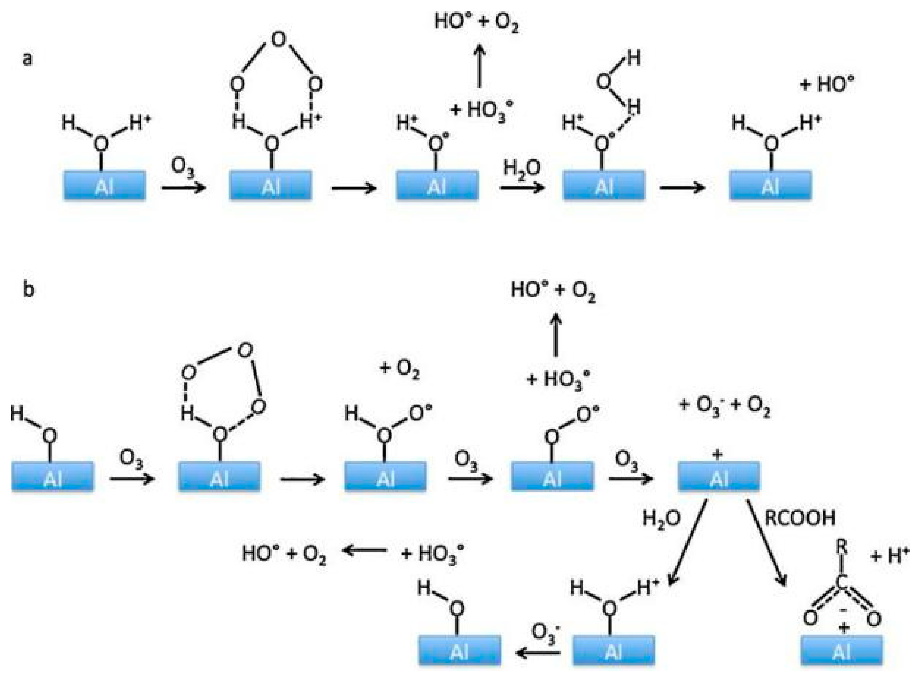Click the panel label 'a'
pos(27,59)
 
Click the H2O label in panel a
pos(522,168)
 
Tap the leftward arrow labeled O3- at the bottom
pos(538,653)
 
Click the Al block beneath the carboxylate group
pos(842,650)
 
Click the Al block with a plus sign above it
pos(718,476)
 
